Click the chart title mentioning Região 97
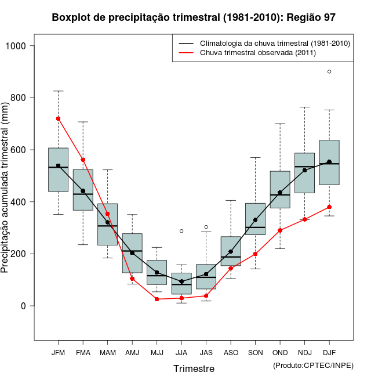click(194, 18)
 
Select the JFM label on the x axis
click(58, 353)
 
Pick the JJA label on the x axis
click(181, 353)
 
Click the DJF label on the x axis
click(329, 353)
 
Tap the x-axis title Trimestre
click(194, 368)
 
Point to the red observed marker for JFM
click(58, 118)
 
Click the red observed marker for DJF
click(329, 207)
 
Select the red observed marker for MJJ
click(157, 299)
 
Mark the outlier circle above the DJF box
click(329, 71)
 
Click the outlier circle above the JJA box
click(181, 231)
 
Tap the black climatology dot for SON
click(255, 220)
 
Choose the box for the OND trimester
click(280, 190)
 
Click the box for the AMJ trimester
click(132, 253)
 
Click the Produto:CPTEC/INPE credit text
click(313, 365)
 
